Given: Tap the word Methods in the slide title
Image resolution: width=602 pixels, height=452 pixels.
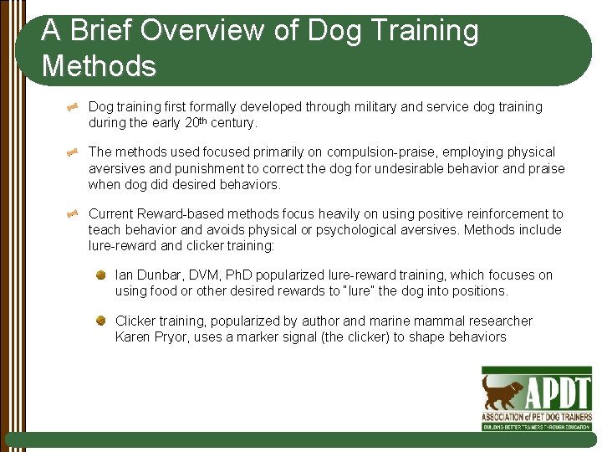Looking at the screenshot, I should [99, 65].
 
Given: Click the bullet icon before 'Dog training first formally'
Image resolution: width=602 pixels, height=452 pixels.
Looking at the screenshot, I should [74, 107].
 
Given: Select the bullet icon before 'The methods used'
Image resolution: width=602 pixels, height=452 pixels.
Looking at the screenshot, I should [74, 152].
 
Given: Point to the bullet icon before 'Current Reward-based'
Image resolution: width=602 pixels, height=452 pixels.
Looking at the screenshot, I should [74, 214].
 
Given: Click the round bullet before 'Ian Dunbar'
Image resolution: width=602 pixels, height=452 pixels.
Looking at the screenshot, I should [100, 275].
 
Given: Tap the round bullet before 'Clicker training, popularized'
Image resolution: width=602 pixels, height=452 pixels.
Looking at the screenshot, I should [100, 321].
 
